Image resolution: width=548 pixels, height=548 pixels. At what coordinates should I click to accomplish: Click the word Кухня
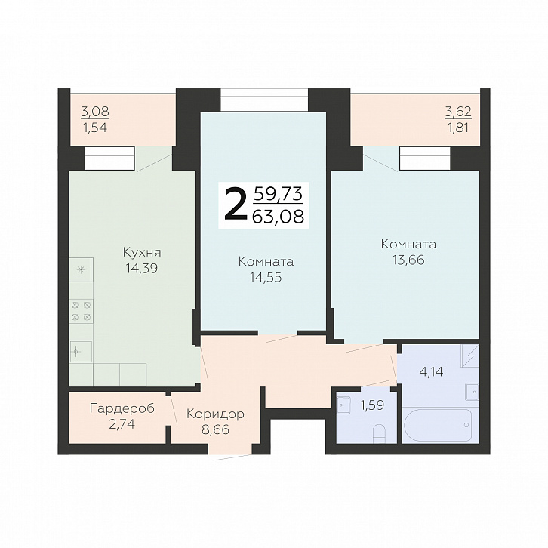pos(142,253)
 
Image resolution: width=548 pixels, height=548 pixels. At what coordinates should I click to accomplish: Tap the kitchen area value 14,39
pos(142,269)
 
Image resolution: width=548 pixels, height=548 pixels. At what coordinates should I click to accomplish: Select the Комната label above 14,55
pos(266,261)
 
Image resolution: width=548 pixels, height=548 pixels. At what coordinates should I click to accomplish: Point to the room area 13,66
pos(408,260)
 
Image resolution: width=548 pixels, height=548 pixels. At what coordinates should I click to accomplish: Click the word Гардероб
pos(122,408)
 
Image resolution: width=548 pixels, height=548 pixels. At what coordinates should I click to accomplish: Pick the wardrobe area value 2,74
pos(122,424)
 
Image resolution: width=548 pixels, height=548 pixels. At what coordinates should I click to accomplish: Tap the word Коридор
pos(215,414)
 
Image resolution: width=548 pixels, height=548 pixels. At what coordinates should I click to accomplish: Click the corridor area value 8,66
pos(215,429)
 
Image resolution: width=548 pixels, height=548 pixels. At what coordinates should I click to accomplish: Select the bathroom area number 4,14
pos(431,371)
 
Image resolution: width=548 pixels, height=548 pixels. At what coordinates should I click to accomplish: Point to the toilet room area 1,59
pos(372,405)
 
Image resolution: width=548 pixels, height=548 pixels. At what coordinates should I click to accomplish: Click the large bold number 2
pos(235,205)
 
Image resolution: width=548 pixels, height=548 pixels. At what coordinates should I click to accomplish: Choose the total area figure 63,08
pos(279,217)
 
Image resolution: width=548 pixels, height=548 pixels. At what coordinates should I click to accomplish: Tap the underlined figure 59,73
pos(279,193)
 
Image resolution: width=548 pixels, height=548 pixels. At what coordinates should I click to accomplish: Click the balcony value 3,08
pos(95,112)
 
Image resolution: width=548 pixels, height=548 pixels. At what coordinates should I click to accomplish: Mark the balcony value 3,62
pos(458,112)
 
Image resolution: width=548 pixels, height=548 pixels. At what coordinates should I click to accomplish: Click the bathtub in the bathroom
pos(438,425)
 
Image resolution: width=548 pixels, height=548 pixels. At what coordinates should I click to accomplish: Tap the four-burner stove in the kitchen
pos(81,311)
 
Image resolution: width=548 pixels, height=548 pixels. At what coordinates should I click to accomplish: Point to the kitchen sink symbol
pos(81,351)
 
